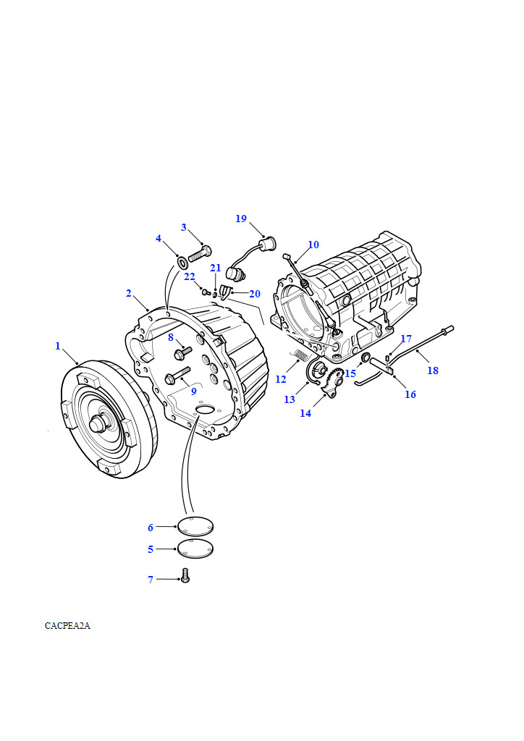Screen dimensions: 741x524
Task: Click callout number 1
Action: [x=58, y=346]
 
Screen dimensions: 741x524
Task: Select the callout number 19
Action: [x=241, y=219]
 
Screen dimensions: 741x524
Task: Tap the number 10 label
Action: [x=313, y=245]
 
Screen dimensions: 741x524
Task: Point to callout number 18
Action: [x=433, y=370]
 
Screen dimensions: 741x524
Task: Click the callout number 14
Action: [x=305, y=413]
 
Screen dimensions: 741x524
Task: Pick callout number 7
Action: [x=151, y=580]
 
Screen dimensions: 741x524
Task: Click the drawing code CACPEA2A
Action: [x=67, y=626]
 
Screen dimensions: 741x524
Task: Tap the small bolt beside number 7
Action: [x=185, y=577]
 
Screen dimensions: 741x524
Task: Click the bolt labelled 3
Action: [x=200, y=254]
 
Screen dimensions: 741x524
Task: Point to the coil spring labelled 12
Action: [x=302, y=355]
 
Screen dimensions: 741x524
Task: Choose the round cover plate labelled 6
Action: [x=195, y=527]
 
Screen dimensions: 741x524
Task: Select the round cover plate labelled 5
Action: [x=195, y=549]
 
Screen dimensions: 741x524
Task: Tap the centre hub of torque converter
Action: [x=98, y=425]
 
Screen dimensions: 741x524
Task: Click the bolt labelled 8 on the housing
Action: [x=182, y=352]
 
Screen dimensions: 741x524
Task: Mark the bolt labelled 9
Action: [x=176, y=377]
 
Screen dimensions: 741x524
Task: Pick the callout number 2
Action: [x=129, y=293]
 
